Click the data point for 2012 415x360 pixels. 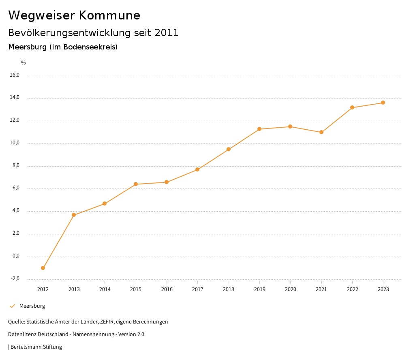tap(43, 268)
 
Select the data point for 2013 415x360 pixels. tap(74, 215)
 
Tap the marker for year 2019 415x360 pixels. tap(259, 129)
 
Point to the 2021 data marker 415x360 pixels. tap(321, 132)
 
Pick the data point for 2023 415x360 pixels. tap(383, 103)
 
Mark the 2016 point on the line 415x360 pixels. tap(167, 182)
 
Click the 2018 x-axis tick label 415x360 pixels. tap(229, 289)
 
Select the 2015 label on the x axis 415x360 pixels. tap(136, 289)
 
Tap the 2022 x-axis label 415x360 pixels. tap(352, 289)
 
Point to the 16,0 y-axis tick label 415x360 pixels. tap(15, 75)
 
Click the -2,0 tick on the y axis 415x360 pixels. tap(15, 279)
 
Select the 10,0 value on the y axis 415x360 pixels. tap(15, 143)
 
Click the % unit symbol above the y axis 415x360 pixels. tap(24, 63)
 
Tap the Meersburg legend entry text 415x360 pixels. tap(32, 306)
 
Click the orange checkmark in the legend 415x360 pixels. tap(12, 306)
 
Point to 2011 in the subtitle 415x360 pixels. tap(167, 33)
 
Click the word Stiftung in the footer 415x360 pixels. tap(53, 347)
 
